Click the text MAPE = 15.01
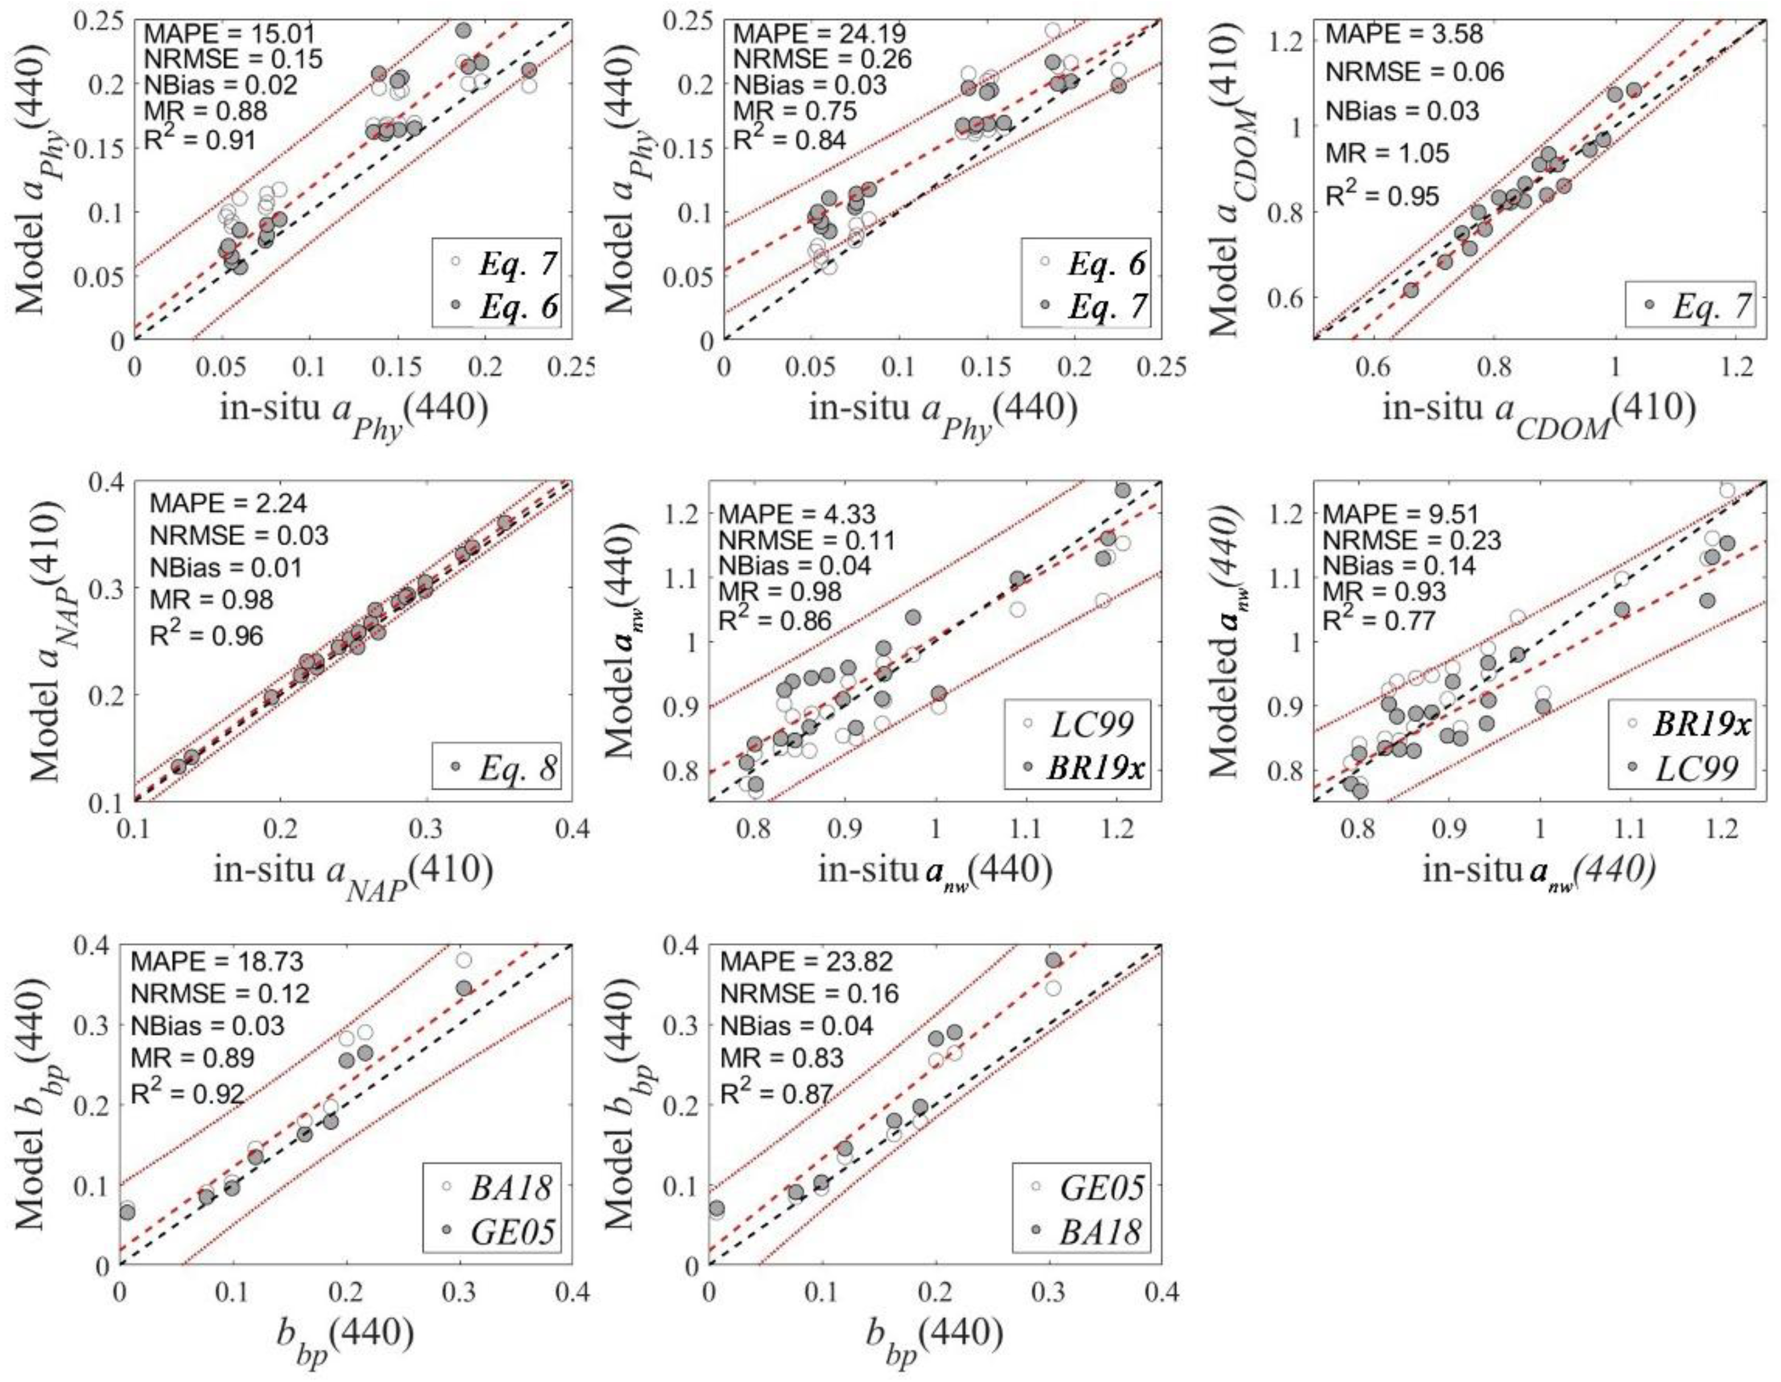[x=228, y=34]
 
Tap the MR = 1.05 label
[x=1387, y=153]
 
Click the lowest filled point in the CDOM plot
[x=1411, y=290]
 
